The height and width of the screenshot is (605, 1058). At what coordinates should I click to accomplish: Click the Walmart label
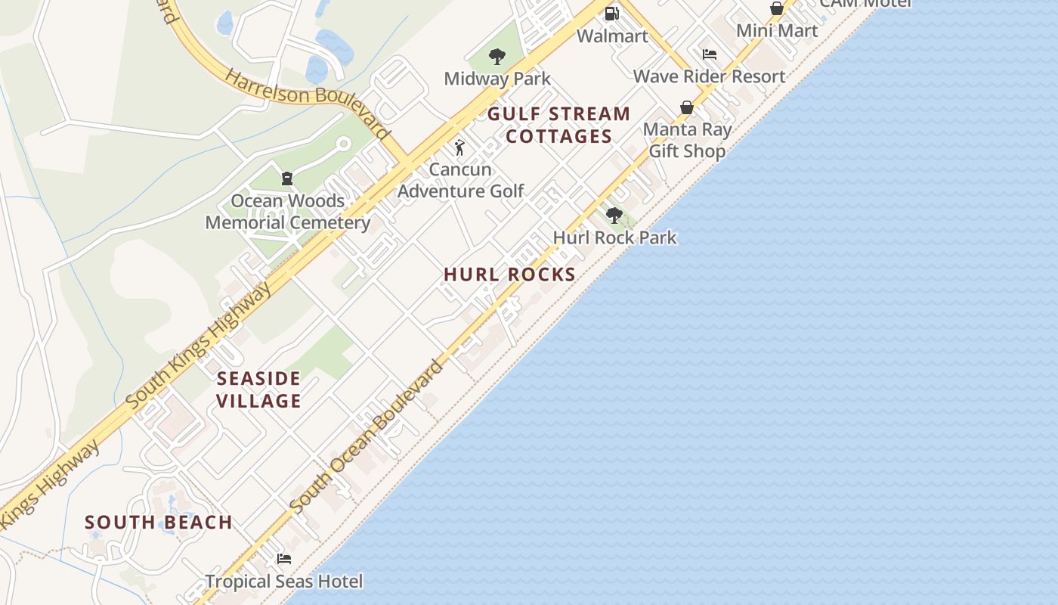tap(612, 36)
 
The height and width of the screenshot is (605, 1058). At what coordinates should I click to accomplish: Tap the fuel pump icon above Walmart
tap(612, 13)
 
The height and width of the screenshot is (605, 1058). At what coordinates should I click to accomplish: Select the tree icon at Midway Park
tap(497, 56)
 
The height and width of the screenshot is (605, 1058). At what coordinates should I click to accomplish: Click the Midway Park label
tap(497, 79)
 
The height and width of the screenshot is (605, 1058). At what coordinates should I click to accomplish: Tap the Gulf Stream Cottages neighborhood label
tap(558, 126)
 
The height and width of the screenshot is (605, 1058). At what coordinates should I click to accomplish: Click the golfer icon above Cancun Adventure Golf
tap(459, 147)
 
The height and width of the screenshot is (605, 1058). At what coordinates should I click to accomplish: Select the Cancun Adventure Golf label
tap(460, 180)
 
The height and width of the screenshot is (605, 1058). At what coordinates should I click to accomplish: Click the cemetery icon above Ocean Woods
tap(287, 178)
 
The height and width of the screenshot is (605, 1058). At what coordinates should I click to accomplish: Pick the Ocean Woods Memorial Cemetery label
tap(287, 212)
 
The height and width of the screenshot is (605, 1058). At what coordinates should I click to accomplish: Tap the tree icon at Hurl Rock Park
tap(614, 216)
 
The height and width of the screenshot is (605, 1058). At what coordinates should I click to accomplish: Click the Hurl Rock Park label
tap(614, 237)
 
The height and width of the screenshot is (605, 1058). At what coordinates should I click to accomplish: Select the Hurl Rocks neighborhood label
tap(510, 275)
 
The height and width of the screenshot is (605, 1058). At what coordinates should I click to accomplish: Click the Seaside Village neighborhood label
tap(259, 389)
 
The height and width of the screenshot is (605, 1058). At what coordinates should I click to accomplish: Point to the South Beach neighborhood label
tap(159, 523)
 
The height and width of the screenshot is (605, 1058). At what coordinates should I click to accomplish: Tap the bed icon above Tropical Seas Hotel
tap(284, 559)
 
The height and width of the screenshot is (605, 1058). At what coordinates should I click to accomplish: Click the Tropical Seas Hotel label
tap(284, 582)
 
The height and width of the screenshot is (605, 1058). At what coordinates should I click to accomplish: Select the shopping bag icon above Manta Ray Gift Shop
tap(687, 108)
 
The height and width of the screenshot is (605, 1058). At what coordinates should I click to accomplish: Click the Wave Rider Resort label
tap(709, 76)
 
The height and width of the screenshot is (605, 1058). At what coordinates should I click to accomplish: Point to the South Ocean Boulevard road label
tap(367, 437)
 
